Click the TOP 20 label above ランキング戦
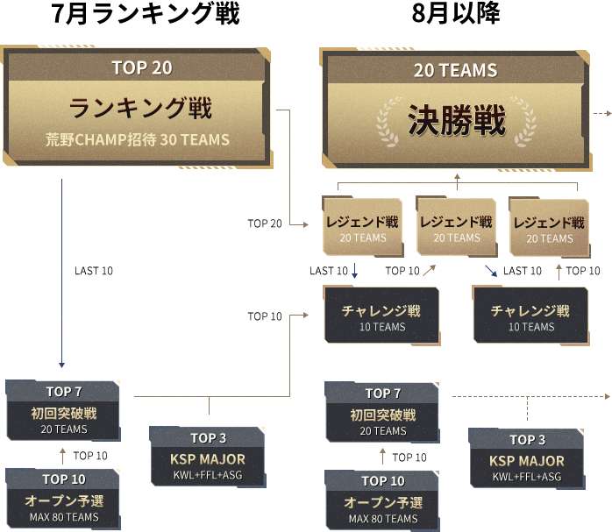point(141,67)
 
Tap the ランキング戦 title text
point(141,109)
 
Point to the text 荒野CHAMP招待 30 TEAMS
point(138,139)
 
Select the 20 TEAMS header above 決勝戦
point(456,70)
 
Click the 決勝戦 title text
point(456,120)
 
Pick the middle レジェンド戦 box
point(456,225)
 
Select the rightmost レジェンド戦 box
point(550,226)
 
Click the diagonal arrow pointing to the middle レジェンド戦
point(428,271)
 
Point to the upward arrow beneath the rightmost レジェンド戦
point(559,271)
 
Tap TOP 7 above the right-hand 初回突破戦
point(382,394)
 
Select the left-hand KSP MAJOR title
point(208,458)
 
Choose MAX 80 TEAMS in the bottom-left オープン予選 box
point(64,516)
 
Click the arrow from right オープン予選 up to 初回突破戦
point(382,454)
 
